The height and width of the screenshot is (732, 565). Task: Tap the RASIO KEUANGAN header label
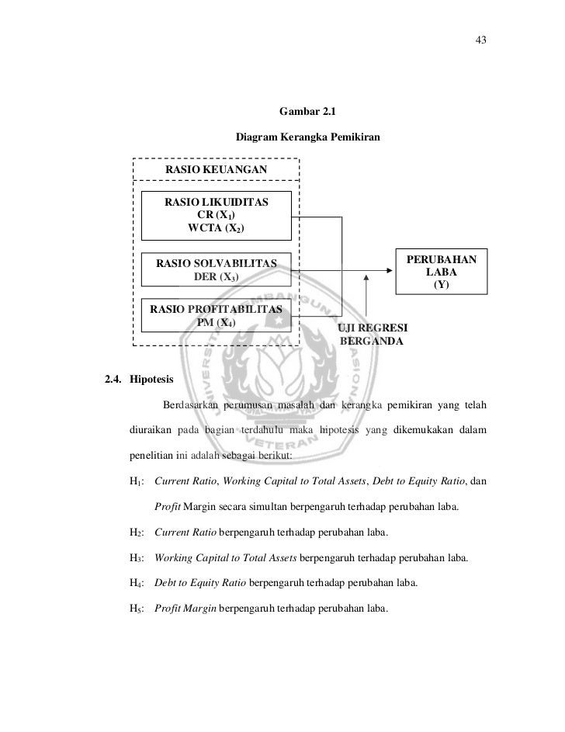click(217, 170)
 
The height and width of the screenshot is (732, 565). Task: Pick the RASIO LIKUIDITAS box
click(217, 215)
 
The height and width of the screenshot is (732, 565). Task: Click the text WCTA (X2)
click(215, 228)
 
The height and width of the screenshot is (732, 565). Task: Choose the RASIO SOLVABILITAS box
click(217, 270)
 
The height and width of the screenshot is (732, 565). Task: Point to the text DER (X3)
click(217, 277)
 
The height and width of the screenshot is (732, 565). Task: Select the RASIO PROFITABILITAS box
click(217, 315)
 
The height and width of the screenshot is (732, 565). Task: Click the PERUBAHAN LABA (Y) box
click(441, 271)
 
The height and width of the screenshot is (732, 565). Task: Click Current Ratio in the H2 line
click(186, 532)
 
